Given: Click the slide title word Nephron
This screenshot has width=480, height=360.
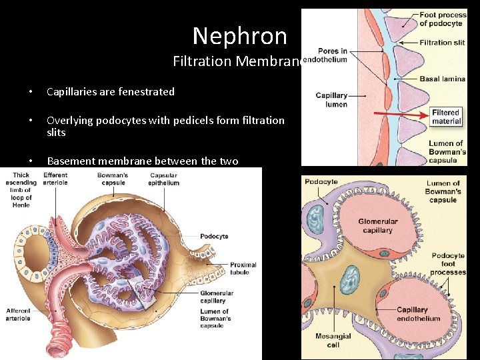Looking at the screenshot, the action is [x=239, y=36].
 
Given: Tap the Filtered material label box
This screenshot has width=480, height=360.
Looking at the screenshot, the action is [x=446, y=117].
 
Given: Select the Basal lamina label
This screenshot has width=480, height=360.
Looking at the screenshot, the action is [x=442, y=79].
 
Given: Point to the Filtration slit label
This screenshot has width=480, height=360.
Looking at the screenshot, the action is [x=441, y=43].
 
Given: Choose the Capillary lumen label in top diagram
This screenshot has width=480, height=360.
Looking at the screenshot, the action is [x=331, y=100].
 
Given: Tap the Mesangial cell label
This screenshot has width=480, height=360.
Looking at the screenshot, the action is [x=333, y=341].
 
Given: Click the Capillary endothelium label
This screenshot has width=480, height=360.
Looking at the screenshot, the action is [x=418, y=314].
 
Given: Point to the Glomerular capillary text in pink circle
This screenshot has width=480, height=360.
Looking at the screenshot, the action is [x=377, y=226].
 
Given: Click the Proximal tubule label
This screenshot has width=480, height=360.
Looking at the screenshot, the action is [x=239, y=268].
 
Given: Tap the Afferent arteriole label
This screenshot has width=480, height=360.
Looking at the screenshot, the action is [x=18, y=314].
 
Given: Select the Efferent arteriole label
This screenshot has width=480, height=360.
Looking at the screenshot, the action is [x=55, y=179].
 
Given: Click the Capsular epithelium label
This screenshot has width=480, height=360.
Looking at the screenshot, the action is [x=163, y=179].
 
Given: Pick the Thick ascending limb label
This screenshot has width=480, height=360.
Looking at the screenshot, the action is [x=21, y=190].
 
